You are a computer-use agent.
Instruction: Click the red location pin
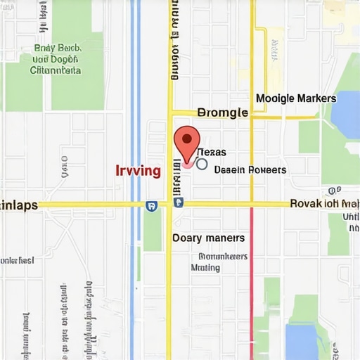coord(186,143)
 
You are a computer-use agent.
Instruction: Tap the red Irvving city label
coord(138,171)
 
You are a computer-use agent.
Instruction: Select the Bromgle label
coord(223,112)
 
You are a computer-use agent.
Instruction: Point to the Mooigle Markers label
coord(296,98)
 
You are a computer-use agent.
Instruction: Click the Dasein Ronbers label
coord(250,169)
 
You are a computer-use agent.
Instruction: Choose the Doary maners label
coord(209,238)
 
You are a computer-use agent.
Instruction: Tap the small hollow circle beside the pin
coord(202,164)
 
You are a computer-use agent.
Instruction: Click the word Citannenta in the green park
coord(56,70)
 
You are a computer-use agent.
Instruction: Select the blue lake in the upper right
coord(346,112)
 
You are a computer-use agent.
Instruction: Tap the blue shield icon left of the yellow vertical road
coord(150,205)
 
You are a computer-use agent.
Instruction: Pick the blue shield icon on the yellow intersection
coord(178,202)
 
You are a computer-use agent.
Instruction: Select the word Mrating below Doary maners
coord(205,267)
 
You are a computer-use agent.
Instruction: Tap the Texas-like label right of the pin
coord(211,153)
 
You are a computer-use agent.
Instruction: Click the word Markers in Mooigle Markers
coord(316,98)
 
